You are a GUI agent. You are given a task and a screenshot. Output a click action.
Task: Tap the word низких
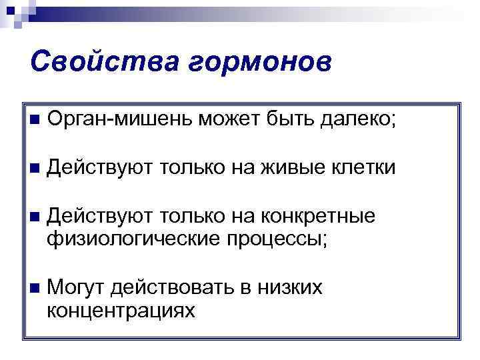(x=291, y=288)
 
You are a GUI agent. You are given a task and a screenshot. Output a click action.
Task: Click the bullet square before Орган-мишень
(x=34, y=121)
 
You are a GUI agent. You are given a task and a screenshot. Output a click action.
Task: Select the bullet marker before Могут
(x=34, y=289)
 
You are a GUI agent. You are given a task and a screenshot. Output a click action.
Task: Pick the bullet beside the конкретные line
(x=34, y=217)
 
